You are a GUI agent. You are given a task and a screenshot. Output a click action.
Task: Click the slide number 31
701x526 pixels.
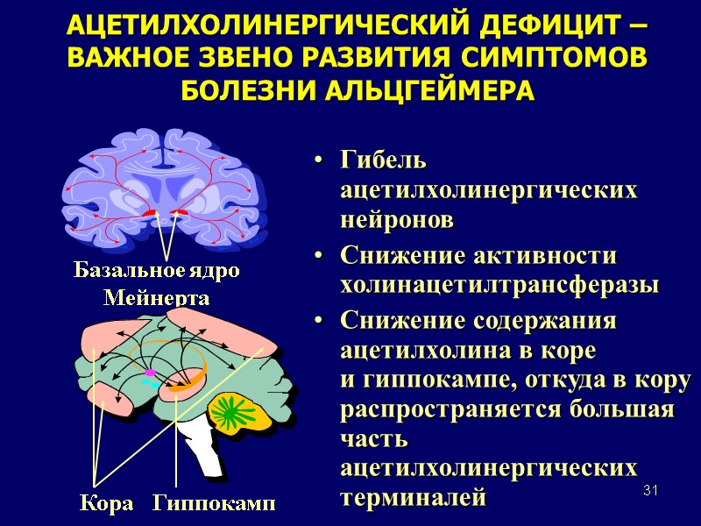pyautogui.click(x=650, y=489)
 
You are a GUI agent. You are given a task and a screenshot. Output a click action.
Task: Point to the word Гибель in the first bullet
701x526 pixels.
pyautogui.click(x=384, y=162)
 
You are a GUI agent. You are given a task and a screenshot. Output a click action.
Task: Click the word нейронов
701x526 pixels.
pyautogui.click(x=398, y=221)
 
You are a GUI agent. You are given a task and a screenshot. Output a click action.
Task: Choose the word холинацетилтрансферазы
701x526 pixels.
pyautogui.click(x=499, y=286)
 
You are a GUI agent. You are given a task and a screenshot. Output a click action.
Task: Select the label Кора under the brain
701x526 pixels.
pyautogui.click(x=107, y=503)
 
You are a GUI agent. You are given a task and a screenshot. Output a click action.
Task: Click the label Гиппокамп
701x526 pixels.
pyautogui.click(x=214, y=503)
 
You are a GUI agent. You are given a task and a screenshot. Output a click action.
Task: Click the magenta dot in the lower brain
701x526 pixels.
pyautogui.click(x=150, y=373)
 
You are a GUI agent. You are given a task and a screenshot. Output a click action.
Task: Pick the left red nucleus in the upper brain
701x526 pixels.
pyautogui.click(x=151, y=213)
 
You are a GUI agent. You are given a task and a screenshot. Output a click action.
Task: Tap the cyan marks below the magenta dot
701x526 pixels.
pyautogui.click(x=155, y=384)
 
